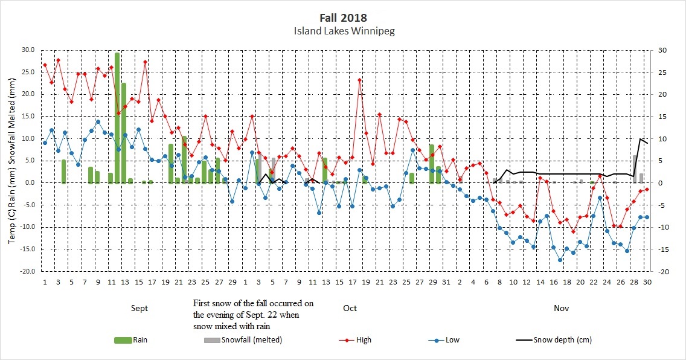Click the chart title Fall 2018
click(x=342, y=18)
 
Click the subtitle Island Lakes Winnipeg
click(x=342, y=30)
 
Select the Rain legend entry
click(x=132, y=340)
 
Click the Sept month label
click(x=139, y=308)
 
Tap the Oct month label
click(x=350, y=308)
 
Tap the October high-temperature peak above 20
click(x=360, y=80)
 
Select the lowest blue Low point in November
click(x=560, y=260)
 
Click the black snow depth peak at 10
click(x=640, y=139)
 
